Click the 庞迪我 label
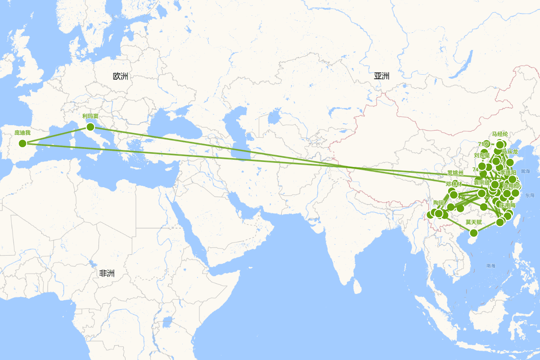pyautogui.click(x=22, y=133)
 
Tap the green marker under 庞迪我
pyautogui.click(x=22, y=144)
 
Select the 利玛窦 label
pyautogui.click(x=90, y=116)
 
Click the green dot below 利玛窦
pyautogui.click(x=90, y=126)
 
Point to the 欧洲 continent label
pyautogui.click(x=121, y=76)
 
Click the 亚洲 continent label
pyautogui.click(x=381, y=76)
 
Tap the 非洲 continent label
pyautogui.click(x=107, y=273)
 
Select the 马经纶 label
pyautogui.click(x=499, y=134)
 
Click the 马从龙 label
pyautogui.click(x=509, y=151)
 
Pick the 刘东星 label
pyautogui.click(x=481, y=155)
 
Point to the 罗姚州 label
pyautogui.click(x=455, y=173)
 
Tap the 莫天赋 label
pyautogui.click(x=473, y=222)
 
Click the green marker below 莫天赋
pyautogui.click(x=473, y=233)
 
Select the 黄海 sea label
pyautogui.click(x=525, y=171)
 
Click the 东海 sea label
pyautogui.click(x=529, y=195)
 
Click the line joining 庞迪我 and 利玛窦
pyautogui.click(x=56, y=135)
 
